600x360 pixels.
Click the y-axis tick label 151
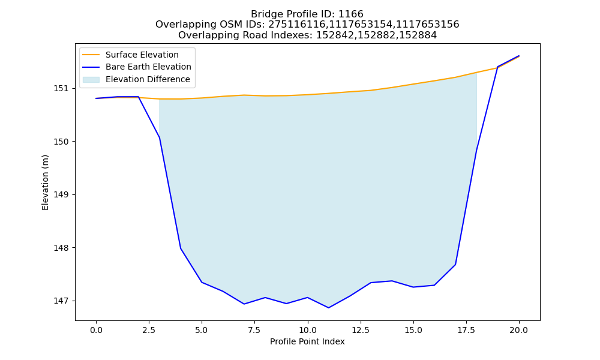click(59, 88)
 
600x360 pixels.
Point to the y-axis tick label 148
click(59, 248)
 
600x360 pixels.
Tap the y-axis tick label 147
click(59, 301)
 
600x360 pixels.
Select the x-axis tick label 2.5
click(148, 330)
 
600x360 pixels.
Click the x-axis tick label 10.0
click(307, 330)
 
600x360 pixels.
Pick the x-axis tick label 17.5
click(466, 330)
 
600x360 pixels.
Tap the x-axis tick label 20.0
click(519, 330)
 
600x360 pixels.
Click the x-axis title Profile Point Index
click(307, 341)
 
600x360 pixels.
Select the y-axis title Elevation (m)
click(45, 182)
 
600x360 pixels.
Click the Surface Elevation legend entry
click(142, 55)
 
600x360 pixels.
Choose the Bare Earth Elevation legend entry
click(148, 67)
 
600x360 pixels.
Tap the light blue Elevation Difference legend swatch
click(91, 80)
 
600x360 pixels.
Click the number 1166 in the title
click(351, 14)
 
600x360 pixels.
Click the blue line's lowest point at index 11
click(328, 308)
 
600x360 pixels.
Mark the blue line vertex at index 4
click(181, 248)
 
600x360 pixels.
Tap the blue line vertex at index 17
click(455, 265)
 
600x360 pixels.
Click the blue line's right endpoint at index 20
click(519, 56)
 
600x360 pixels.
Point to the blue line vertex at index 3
click(159, 137)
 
